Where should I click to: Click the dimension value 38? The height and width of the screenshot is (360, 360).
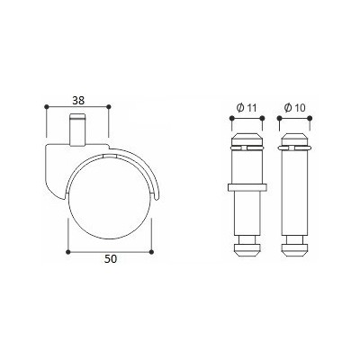click(78, 100)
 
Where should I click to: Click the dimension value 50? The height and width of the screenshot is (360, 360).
click(111, 258)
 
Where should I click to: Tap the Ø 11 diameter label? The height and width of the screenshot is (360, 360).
click(247, 108)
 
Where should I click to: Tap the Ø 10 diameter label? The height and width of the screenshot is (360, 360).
click(294, 108)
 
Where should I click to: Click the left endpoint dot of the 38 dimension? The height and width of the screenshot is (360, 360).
click(46, 106)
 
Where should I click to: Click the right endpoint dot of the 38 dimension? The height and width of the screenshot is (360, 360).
click(109, 106)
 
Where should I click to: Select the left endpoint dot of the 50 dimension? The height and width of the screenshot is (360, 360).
click(68, 251)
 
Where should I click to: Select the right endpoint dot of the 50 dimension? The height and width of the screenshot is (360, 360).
click(151, 251)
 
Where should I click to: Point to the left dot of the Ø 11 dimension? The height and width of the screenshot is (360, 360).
click(231, 118)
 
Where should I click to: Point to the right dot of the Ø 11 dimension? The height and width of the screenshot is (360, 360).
click(262, 118)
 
